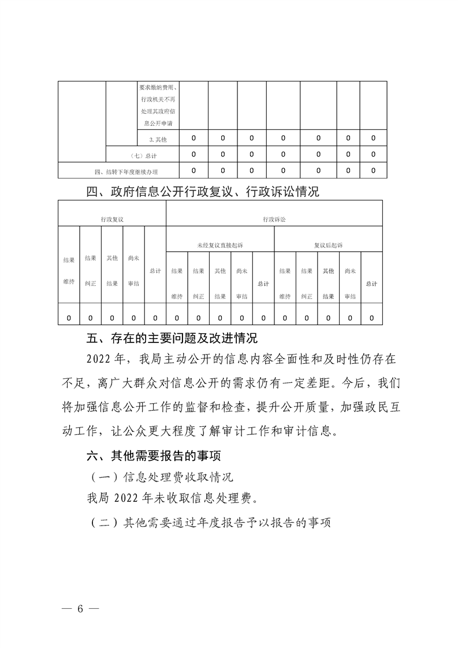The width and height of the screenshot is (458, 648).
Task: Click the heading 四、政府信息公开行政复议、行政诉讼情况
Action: (x=202, y=192)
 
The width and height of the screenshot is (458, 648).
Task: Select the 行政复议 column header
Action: (x=112, y=219)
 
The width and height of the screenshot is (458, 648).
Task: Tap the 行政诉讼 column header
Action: (x=274, y=219)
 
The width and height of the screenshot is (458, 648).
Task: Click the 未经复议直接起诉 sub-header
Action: (x=219, y=245)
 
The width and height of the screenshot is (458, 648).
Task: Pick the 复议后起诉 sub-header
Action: (x=328, y=245)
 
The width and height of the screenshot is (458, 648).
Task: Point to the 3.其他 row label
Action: (x=158, y=140)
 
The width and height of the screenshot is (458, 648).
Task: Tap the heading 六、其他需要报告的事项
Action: (x=153, y=456)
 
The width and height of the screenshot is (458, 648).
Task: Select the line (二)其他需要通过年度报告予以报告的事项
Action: (x=210, y=523)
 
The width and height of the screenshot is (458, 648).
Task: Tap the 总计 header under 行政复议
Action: (x=155, y=270)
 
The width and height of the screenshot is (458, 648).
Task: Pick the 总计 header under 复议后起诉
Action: (x=371, y=284)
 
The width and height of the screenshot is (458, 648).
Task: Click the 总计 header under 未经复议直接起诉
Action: (x=263, y=284)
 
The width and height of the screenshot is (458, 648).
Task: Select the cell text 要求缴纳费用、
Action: (x=158, y=88)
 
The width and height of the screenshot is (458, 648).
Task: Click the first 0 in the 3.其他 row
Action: (x=193, y=139)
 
